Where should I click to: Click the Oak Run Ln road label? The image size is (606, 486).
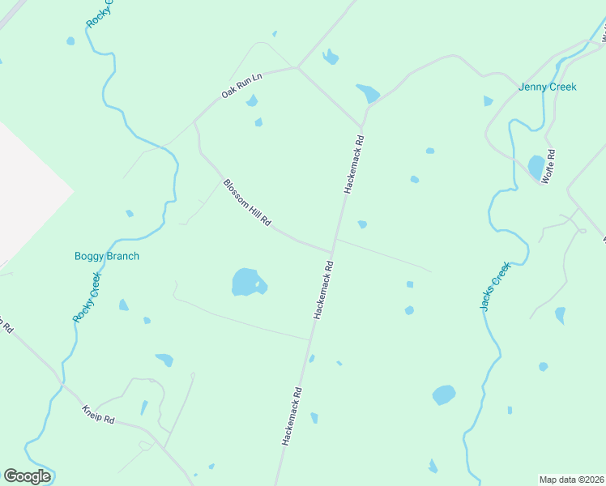pyautogui.click(x=243, y=86)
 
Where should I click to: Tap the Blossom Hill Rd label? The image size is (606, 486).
pyautogui.click(x=247, y=203)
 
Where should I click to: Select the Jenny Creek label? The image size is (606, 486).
pyautogui.click(x=548, y=87)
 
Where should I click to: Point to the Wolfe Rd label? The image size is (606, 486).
pyautogui.click(x=548, y=166)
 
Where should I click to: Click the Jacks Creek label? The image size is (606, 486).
pyautogui.click(x=495, y=286)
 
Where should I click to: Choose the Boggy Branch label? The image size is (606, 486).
pyautogui.click(x=107, y=256)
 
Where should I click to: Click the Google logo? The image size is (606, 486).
pyautogui.click(x=27, y=476)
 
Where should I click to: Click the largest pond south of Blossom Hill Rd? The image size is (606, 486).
pyautogui.click(x=246, y=282)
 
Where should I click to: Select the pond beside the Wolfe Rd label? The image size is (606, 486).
pyautogui.click(x=536, y=166)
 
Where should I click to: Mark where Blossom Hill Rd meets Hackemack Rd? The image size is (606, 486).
pyautogui.click(x=332, y=252)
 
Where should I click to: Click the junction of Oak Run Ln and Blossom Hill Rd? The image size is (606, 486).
pyautogui.click(x=195, y=122)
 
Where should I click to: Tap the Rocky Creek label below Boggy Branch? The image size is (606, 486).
pyautogui.click(x=87, y=297)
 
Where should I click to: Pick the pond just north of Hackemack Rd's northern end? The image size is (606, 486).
pyautogui.click(x=368, y=93)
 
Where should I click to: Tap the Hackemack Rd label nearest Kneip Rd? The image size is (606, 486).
pyautogui.click(x=292, y=416)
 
